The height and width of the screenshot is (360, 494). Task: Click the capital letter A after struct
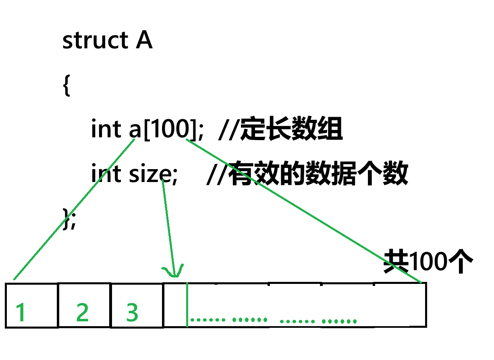coord(144,41)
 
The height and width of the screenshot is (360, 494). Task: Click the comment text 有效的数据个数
coord(318,174)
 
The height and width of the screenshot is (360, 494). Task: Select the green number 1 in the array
coord(21,312)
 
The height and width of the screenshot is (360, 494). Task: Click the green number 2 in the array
coord(82,312)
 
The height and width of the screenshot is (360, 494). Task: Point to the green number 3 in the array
coord(132,312)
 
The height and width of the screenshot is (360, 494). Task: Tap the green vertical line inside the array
coord(187,304)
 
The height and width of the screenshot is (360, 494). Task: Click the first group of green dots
coord(208,320)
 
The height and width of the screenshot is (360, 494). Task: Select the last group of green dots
coord(339,321)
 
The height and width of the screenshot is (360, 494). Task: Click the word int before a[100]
coord(106,130)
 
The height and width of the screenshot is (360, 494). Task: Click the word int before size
coord(106,174)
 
